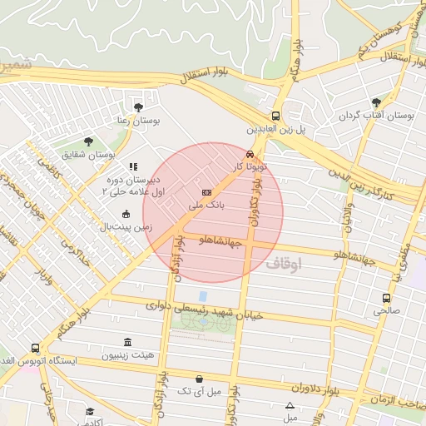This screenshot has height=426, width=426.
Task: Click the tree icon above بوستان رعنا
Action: pos(138,106)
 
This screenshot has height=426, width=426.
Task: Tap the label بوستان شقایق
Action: pos(89,155)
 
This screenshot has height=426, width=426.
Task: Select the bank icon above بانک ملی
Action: pos(207,191)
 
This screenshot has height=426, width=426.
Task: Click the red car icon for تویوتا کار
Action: pos(250,154)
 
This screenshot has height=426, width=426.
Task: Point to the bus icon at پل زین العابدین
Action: pos(275,116)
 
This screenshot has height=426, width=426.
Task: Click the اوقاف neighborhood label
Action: pos(285,264)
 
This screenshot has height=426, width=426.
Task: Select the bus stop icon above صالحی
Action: pos(386,298)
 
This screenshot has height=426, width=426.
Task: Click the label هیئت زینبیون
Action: pos(128,355)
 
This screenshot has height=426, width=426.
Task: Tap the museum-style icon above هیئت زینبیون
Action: pos(127,343)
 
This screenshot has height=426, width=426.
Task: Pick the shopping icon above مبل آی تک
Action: pos(199,379)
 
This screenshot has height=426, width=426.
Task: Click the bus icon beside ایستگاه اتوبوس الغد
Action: pos(35,349)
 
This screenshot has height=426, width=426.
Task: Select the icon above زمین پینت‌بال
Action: pos(126,214)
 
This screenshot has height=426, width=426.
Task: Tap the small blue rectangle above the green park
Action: pos(203,296)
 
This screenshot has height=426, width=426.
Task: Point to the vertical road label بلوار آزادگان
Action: pos(176,256)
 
